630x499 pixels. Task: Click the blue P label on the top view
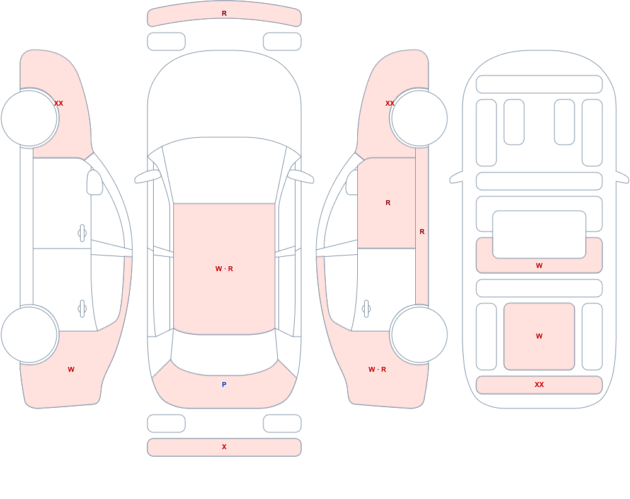224,384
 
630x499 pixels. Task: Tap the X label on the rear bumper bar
224,447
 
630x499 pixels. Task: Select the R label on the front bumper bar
224,13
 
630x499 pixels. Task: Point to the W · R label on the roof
224,269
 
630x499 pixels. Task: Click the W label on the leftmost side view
71,369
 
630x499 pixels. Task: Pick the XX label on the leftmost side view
59,103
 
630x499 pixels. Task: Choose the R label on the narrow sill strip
422,232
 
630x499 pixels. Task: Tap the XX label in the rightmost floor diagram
539,384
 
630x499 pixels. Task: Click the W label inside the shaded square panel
539,336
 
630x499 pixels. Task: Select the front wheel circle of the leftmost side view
29,118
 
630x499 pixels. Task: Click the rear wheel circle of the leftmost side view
29,334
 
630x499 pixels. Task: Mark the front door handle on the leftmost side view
83,233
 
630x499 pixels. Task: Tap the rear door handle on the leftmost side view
83,309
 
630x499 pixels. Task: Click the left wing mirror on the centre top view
147,177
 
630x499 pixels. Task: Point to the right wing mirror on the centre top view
301,177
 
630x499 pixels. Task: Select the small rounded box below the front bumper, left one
166,42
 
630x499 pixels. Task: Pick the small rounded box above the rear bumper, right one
282,423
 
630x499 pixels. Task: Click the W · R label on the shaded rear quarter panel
377,369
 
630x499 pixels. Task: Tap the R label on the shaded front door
388,203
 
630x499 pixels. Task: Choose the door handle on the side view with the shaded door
366,309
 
